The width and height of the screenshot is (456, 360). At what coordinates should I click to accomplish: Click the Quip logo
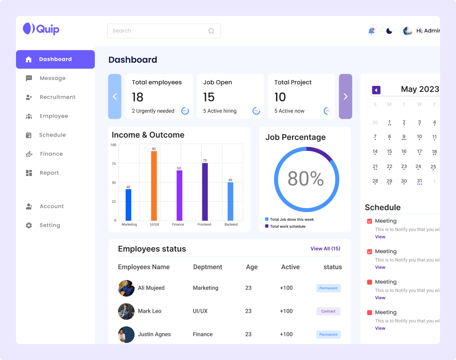[x=41, y=29]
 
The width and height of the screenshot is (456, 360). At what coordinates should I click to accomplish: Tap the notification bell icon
[x=371, y=31]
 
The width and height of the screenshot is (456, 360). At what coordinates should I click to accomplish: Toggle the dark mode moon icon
[x=389, y=31]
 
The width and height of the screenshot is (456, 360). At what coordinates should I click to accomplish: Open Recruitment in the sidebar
[x=57, y=97]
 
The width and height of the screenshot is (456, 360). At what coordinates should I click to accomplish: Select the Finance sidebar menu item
[x=51, y=154]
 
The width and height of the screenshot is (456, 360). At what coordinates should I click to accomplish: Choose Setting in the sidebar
[x=50, y=225]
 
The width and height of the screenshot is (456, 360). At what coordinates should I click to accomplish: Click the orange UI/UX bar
[x=154, y=186]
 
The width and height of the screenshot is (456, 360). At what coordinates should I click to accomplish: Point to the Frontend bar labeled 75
[x=205, y=192]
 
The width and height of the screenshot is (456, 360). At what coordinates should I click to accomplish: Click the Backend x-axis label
[x=231, y=224]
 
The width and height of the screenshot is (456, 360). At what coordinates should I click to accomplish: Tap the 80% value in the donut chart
[x=306, y=179]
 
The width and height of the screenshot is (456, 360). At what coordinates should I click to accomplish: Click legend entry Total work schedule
[x=287, y=226]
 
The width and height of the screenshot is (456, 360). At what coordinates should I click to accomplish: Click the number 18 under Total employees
[x=138, y=97]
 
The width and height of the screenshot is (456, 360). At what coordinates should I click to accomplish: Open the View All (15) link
[x=325, y=249]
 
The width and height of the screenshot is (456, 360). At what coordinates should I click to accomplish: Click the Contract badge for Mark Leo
[x=328, y=311]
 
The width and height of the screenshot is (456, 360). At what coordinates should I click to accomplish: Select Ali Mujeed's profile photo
[x=126, y=288]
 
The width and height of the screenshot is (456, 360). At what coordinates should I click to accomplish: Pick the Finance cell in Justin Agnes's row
[x=203, y=334]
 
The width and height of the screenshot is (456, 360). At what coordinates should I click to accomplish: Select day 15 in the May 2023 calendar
[x=389, y=152]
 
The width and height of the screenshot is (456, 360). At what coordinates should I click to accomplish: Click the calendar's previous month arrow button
[x=376, y=90]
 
